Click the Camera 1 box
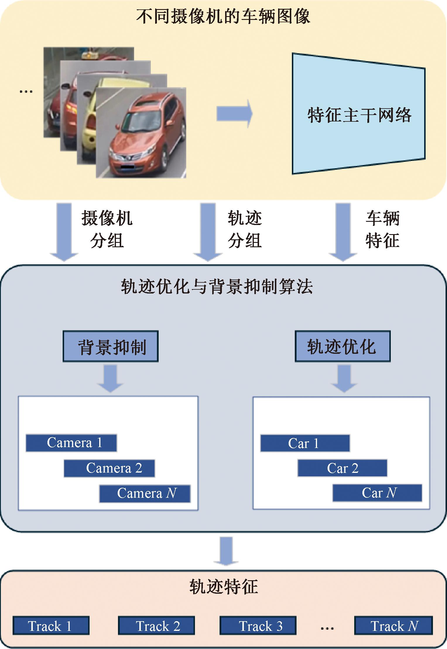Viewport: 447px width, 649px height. tap(71, 443)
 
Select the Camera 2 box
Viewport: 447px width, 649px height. tap(109, 468)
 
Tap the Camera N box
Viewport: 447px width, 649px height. tap(145, 493)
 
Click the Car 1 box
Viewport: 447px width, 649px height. tap(305, 443)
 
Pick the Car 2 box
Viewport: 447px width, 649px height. tap(342, 468)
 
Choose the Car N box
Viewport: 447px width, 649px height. tap(377, 493)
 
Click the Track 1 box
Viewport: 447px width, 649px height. tap(51, 626)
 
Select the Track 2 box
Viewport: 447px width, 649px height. tap(156, 626)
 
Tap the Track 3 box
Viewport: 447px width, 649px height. tap(258, 626)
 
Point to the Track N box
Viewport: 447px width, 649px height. tap(393, 626)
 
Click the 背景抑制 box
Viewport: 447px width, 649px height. tap(110, 346)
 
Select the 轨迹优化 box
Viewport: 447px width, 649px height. tap(342, 346)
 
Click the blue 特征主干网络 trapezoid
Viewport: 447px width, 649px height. tap(358, 114)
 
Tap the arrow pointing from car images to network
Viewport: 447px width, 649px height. tap(234, 114)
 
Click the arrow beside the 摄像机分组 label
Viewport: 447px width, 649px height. tap(64, 231)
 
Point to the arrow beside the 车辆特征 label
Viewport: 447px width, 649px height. tap(343, 231)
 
